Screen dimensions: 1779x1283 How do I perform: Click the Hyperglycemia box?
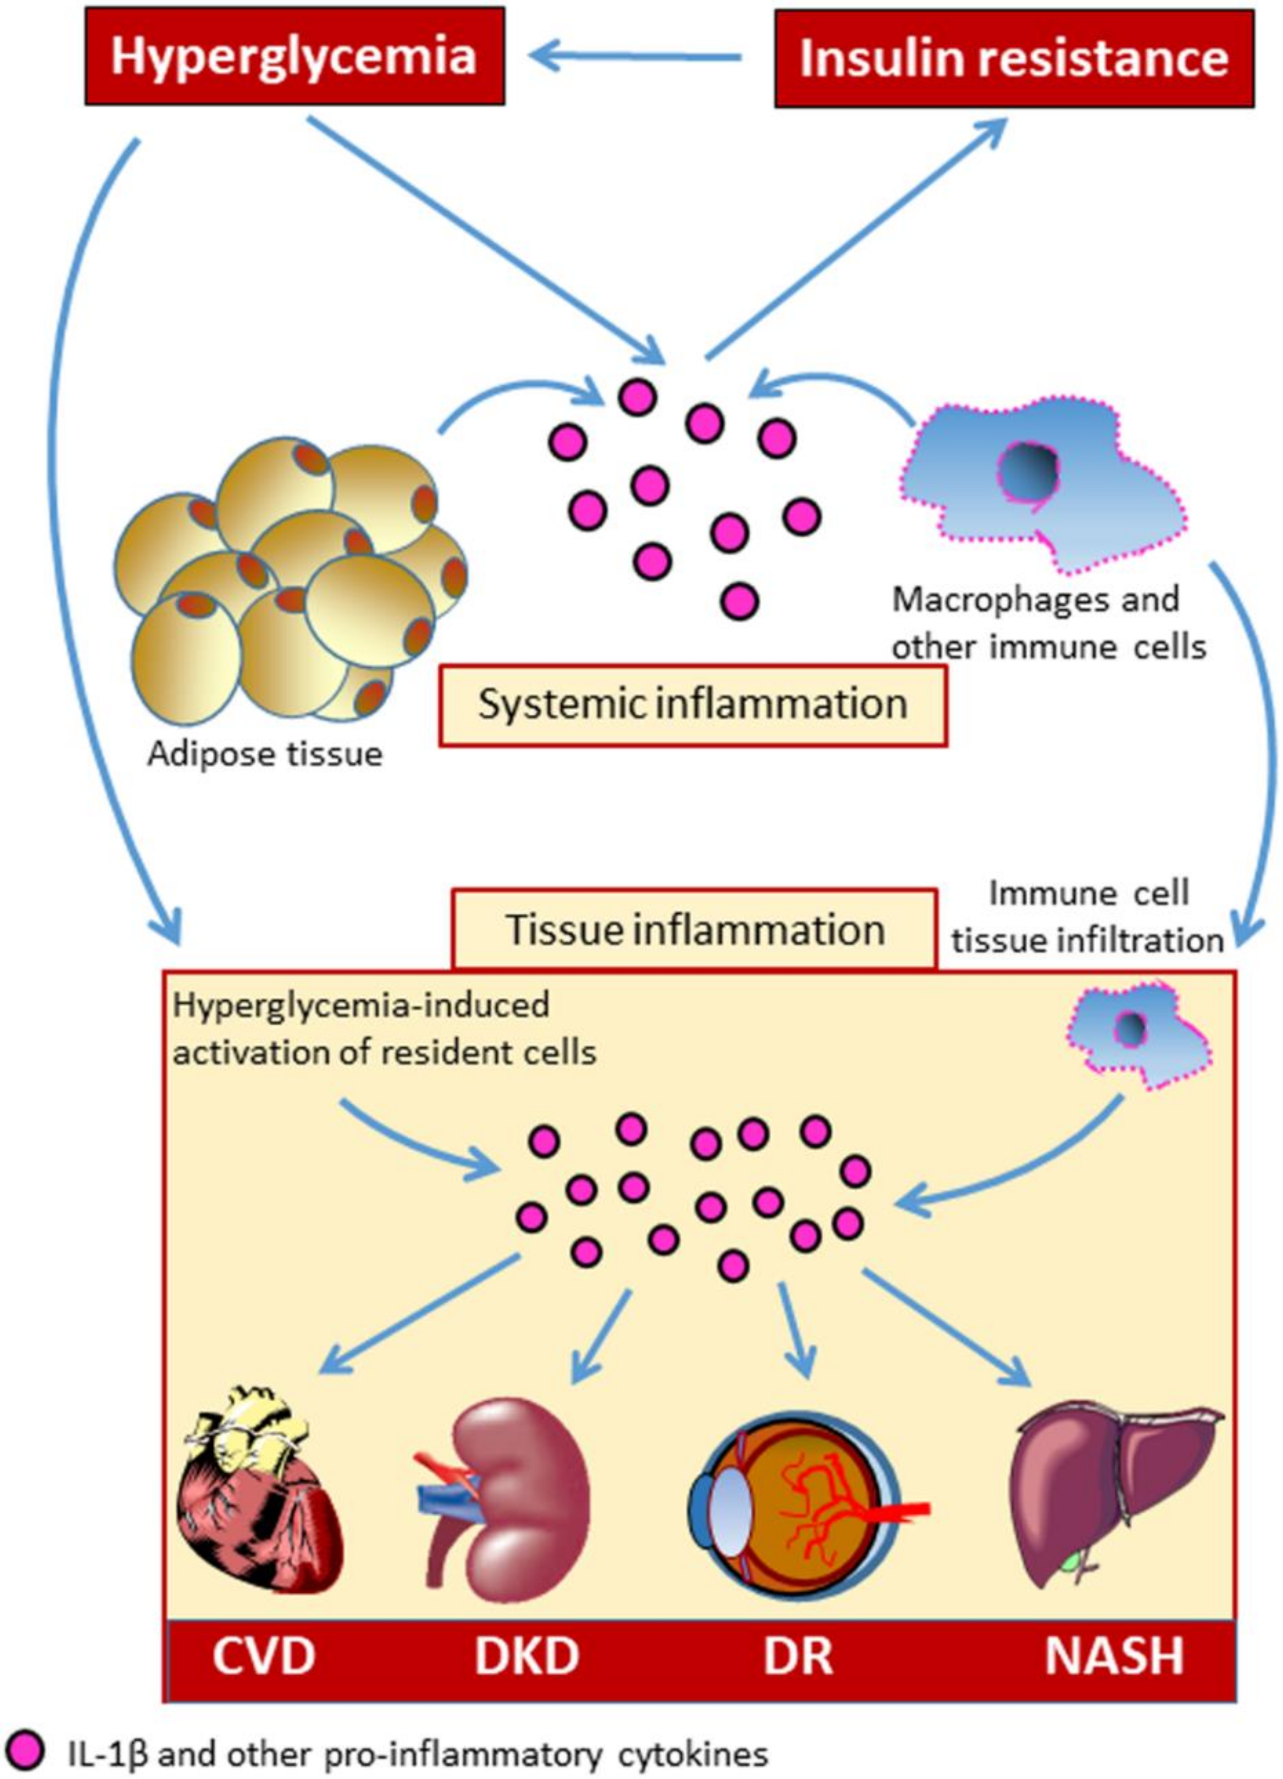coord(294,57)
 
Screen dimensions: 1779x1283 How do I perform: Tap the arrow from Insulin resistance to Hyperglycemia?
coord(636,57)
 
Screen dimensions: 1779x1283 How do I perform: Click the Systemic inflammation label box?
coord(693,704)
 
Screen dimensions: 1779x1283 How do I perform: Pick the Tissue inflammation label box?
coord(694,929)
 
